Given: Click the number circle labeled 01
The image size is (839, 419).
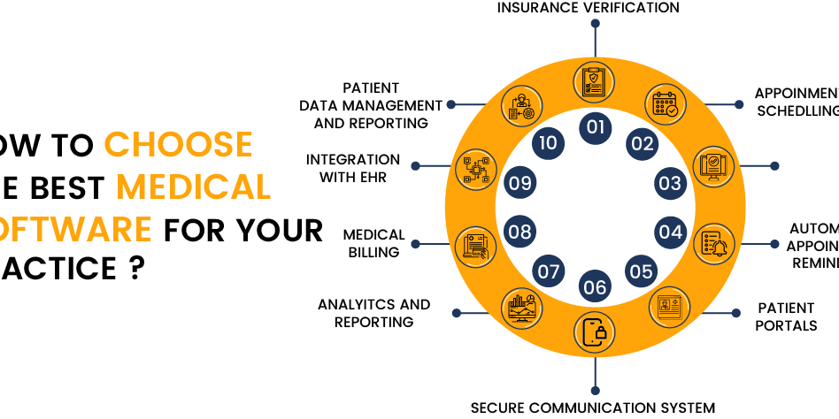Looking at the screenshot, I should coord(595,127).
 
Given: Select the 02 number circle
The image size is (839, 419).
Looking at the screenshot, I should coord(642,144).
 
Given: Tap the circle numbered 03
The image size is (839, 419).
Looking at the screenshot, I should coord(670,184).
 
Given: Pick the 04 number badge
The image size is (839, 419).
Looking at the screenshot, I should coord(670,232).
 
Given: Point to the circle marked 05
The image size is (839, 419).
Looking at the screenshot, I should coord(641,271).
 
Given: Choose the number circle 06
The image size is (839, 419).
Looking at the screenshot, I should coord(595,286).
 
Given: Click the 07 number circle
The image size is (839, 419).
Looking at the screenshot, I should coord(549,271).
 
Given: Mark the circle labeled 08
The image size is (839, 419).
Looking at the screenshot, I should coord(520,232).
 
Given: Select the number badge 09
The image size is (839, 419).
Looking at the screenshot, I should coord(520,184).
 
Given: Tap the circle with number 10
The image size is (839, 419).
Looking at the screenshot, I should coord(548,143).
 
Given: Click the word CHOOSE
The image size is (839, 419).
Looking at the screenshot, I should coord(178,144).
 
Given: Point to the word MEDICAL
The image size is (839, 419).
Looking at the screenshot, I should coord(193,187).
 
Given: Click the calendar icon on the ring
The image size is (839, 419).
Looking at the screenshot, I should coord(665,104).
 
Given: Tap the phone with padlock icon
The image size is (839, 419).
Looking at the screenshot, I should coord(595,331).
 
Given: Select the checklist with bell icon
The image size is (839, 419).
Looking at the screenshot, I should coord(713,242).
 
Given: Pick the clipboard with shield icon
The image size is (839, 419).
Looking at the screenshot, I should coord(594,80).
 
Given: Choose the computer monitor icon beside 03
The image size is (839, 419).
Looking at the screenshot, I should coord(712,166).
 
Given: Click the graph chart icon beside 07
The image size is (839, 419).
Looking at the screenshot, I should coord(522,309).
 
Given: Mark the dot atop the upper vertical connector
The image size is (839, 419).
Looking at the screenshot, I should coord(595,23).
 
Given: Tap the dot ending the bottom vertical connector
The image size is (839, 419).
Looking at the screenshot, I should coord(595,390).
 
